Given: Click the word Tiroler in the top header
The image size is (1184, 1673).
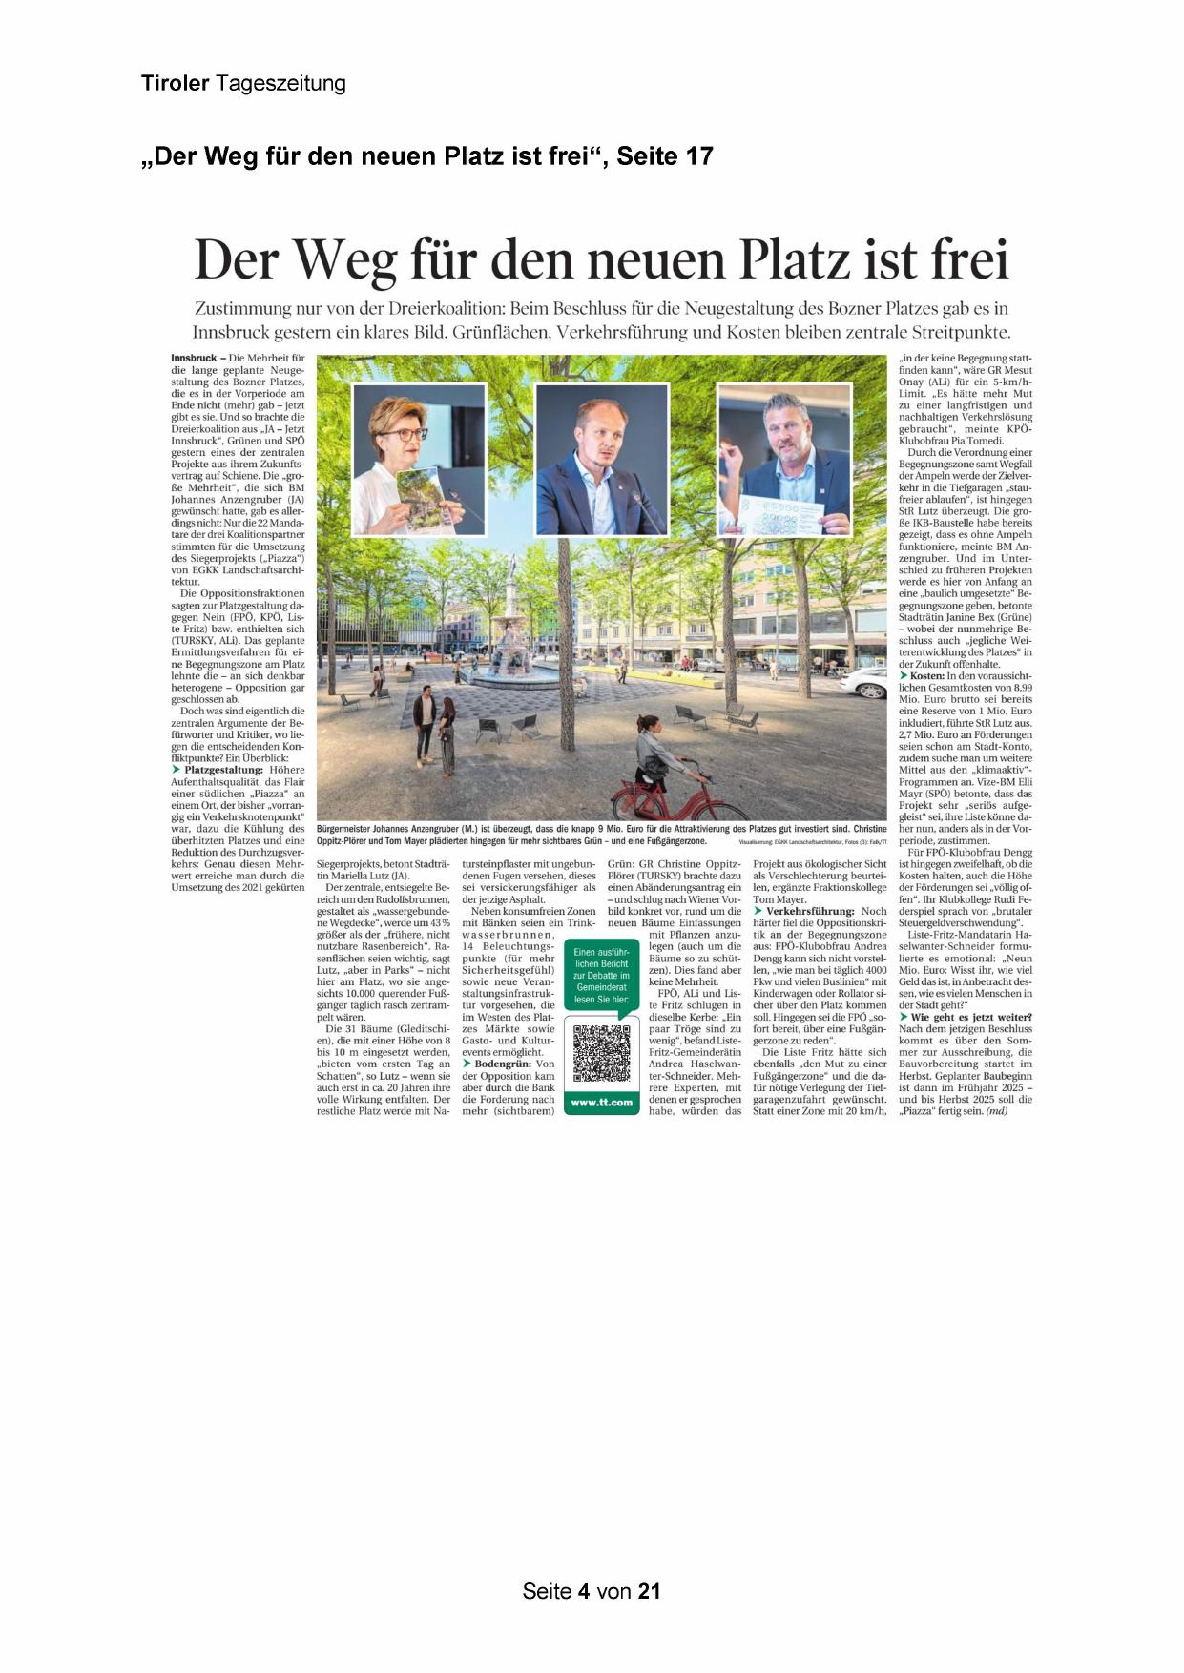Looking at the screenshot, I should coord(176,83).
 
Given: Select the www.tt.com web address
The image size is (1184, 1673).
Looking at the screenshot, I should coord(601,1103).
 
